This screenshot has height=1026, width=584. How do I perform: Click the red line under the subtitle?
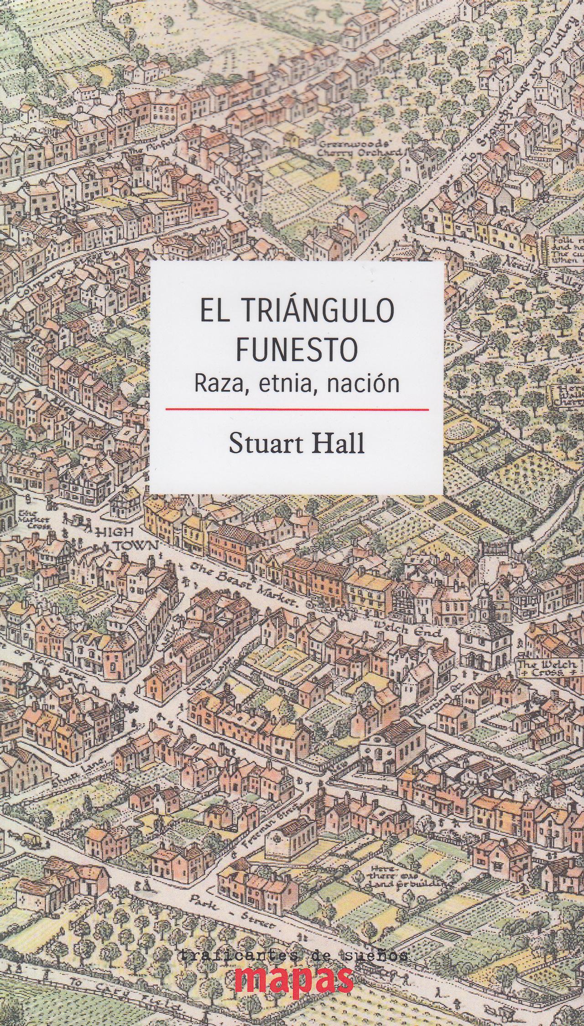pos(297,409)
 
